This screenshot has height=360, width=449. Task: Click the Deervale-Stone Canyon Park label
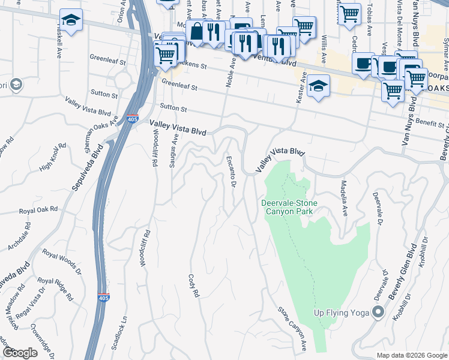click(289, 207)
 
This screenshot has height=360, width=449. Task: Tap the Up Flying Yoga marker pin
click(378, 312)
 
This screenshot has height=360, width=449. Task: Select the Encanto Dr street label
click(230, 171)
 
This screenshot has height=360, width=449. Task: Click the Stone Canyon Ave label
click(292, 329)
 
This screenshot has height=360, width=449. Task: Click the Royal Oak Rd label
click(38, 210)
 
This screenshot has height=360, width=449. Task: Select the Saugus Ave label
click(175, 150)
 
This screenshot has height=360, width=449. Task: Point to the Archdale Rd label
click(19, 240)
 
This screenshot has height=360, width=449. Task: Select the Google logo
click(20, 353)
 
